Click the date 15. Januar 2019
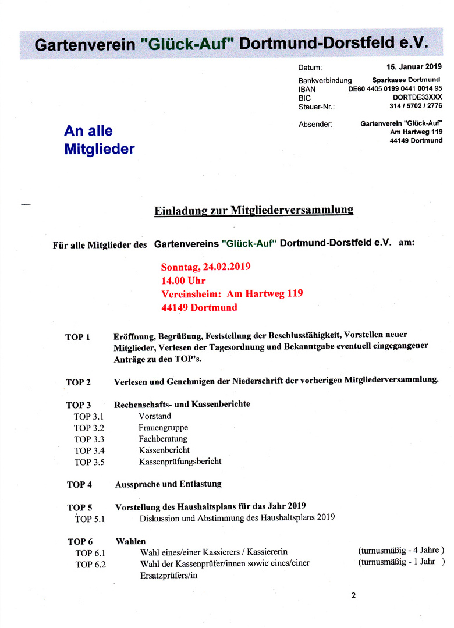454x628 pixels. coord(414,67)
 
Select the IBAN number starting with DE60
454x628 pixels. coord(395,88)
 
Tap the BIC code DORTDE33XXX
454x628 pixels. coord(417,97)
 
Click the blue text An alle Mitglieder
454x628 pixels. coord(99,140)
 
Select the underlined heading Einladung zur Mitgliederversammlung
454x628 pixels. coord(254,210)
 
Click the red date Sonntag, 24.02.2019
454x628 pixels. coord(205,267)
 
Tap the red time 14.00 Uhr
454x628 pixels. coord(183,281)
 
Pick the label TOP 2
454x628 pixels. coord(78,382)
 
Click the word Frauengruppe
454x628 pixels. coord(163,427)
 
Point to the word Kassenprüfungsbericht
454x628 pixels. coord(180,462)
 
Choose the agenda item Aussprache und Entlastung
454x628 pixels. coord(168,484)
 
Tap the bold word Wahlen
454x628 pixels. coord(130,541)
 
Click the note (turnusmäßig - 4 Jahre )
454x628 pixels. coord(401,550)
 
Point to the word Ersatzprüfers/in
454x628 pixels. coord(169,575)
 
